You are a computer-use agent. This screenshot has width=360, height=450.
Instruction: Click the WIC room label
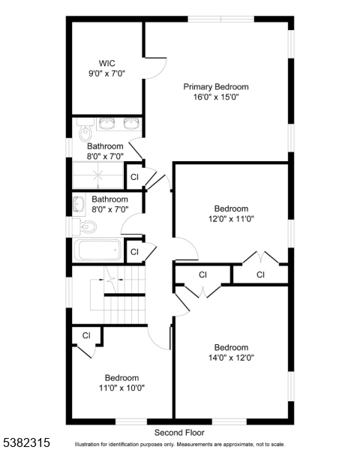coord(106,63)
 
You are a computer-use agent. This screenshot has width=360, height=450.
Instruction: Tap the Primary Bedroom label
coord(216,87)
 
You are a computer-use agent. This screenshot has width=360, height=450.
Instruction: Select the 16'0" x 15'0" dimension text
coord(216,97)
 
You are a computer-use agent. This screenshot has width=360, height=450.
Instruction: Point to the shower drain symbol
coord(98,174)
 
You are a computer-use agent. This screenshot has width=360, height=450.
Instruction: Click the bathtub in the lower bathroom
coord(97,250)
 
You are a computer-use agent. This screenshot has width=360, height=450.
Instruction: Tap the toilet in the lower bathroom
coord(85,226)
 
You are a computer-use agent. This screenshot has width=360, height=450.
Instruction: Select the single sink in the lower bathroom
coord(78,205)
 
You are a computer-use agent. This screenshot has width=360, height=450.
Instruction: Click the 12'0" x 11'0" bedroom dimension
coord(231,219)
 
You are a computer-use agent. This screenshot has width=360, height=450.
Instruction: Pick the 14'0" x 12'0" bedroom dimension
coord(231,358)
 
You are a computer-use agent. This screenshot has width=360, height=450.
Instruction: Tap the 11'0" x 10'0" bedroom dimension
coord(121,388)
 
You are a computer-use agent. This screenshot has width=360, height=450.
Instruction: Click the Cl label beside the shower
coord(134,177)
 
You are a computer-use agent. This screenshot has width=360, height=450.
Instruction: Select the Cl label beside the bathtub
coord(134,252)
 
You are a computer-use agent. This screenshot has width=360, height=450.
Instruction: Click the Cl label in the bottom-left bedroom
coord(86,335)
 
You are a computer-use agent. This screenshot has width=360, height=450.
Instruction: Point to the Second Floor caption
coord(179,433)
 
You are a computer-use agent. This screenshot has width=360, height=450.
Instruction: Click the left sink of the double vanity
coord(106,124)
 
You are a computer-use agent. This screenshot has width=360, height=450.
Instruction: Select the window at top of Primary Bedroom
coord(221,19)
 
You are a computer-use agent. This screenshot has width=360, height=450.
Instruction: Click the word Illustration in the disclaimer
coord(87,445)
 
